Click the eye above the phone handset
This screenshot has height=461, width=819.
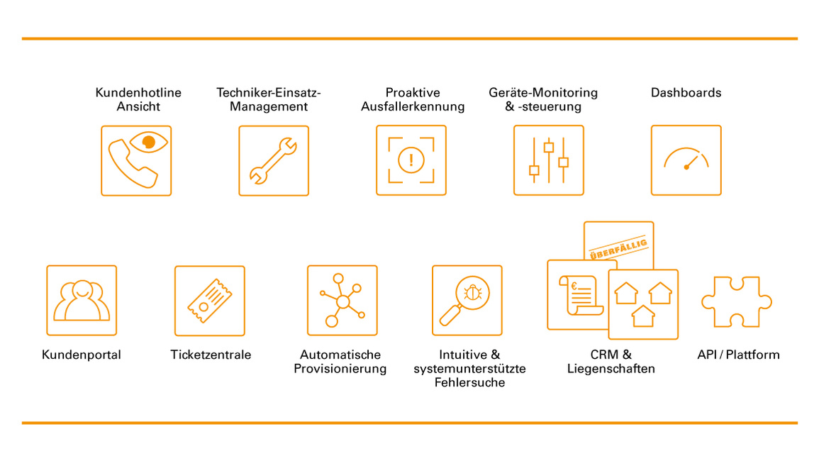click(149, 142)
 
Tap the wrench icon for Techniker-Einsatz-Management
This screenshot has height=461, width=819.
click(273, 160)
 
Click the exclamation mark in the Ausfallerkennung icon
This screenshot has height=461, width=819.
click(411, 160)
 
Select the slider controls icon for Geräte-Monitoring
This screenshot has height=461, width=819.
click(548, 160)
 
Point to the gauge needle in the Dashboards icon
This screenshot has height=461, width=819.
click(691, 162)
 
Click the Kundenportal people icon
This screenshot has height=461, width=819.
click(82, 300)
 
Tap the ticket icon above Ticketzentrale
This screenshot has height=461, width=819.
click(210, 301)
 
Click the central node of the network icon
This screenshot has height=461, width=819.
click(342, 301)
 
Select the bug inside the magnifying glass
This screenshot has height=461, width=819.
click(473, 293)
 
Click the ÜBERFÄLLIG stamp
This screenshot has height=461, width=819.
click(619, 248)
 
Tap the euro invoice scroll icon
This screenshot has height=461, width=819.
click(580, 295)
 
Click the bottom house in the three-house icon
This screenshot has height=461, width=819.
click(643, 316)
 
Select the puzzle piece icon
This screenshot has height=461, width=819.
click(737, 301)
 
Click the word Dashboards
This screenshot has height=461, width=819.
click(686, 92)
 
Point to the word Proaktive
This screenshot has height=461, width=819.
click(413, 92)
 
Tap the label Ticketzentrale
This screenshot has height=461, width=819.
click(211, 355)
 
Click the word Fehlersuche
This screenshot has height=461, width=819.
click(469, 382)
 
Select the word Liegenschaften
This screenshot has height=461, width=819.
click(611, 369)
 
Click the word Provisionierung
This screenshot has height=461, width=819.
click(340, 369)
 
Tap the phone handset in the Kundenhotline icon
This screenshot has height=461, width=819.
click(132, 164)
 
